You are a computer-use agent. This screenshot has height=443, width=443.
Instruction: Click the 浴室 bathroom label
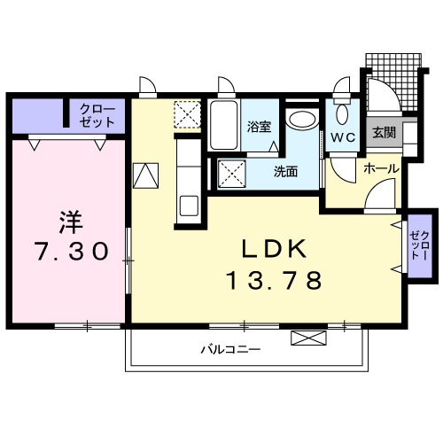(x=259, y=128)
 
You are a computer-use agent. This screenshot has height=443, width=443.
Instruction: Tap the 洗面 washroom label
(x=284, y=172)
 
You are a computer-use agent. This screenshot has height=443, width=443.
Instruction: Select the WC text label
(x=343, y=137)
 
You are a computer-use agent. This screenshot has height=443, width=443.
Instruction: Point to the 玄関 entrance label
(x=383, y=134)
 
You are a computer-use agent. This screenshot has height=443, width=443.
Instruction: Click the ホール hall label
(x=380, y=167)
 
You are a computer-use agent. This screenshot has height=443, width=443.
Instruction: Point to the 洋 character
(x=69, y=218)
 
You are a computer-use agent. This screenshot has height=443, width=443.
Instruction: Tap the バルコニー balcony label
(x=229, y=349)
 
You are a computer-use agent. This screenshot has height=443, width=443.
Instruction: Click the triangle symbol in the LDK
(x=144, y=175)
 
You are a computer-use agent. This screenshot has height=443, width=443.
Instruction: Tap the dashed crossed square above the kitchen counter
(x=187, y=115)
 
